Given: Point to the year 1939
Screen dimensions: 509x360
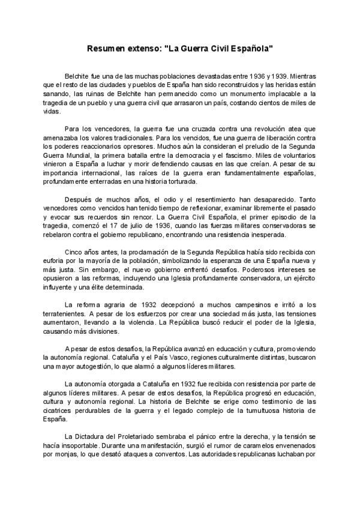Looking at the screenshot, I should point(277,77).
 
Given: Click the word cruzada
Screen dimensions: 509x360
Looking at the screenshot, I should point(194,129).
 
